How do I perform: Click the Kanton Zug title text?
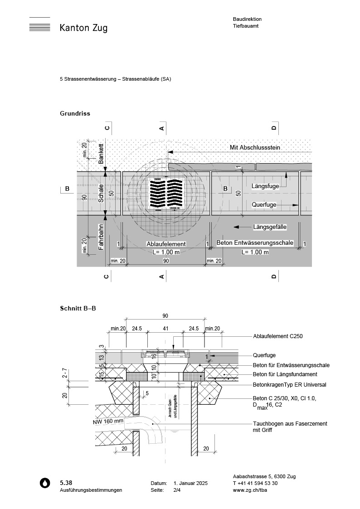click(83, 28)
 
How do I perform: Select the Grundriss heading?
click(75, 113)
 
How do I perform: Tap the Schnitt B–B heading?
click(78, 308)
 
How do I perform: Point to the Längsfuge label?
click(267, 186)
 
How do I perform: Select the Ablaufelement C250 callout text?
click(277, 336)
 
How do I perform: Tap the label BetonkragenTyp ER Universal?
click(289, 385)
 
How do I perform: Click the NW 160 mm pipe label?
click(108, 421)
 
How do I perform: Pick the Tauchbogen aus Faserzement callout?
click(290, 424)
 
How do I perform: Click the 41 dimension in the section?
click(165, 328)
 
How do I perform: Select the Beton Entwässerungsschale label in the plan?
click(255, 243)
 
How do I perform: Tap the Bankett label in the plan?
click(102, 154)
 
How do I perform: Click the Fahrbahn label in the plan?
click(102, 237)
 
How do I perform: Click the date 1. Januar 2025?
click(190, 484)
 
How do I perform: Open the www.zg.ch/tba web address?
click(249, 490)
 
